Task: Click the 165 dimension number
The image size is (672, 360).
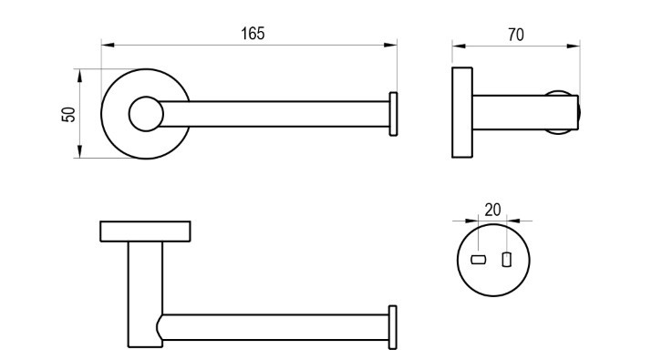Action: pyautogui.click(x=253, y=34)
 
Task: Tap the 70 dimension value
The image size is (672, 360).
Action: pyautogui.click(x=516, y=35)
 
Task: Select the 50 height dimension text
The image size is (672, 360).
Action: pyautogui.click(x=68, y=115)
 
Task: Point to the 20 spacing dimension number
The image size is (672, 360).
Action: pyautogui.click(x=493, y=210)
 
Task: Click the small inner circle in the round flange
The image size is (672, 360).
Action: pyautogui.click(x=146, y=114)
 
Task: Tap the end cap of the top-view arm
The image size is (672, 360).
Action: pyautogui.click(x=393, y=114)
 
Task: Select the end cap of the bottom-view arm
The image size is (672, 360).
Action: pyautogui.click(x=393, y=327)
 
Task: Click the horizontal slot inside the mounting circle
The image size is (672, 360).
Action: pyautogui.click(x=478, y=259)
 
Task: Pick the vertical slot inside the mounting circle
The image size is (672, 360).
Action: pyautogui.click(x=507, y=259)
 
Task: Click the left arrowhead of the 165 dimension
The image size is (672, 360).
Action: pyautogui.click(x=108, y=45)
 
